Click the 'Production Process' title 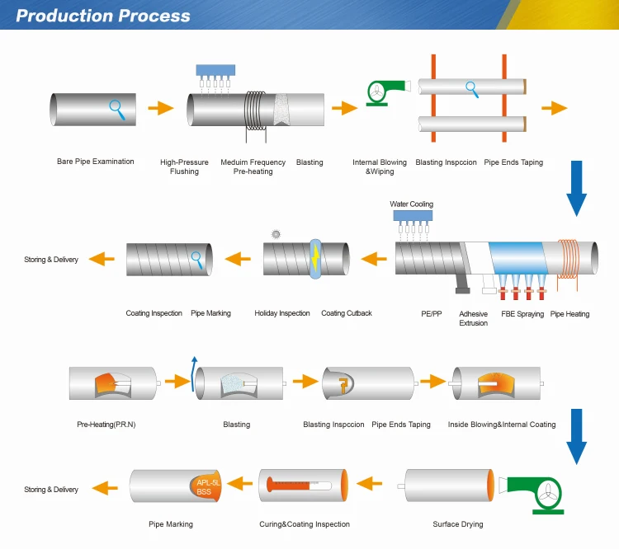point(103,16)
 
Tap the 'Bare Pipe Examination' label point(95,162)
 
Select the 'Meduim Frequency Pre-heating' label point(253,167)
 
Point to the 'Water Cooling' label point(411,204)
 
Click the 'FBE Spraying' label point(523,314)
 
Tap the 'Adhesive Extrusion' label point(473,318)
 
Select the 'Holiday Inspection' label point(282,313)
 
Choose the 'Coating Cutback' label point(347,313)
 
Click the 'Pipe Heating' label point(569,314)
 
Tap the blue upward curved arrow point(195,372)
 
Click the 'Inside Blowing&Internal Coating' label point(502,425)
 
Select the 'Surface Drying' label point(458,524)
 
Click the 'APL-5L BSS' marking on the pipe point(207,485)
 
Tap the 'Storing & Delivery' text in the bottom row point(51,490)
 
